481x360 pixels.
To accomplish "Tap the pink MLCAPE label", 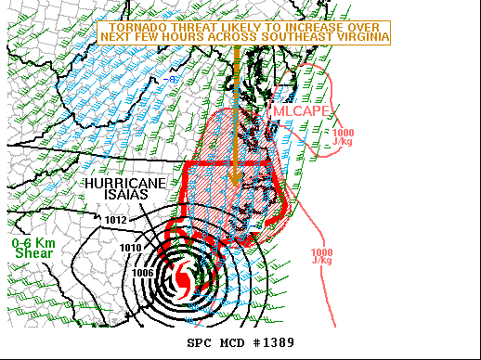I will (296, 111).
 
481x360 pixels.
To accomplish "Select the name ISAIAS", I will (127, 196).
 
